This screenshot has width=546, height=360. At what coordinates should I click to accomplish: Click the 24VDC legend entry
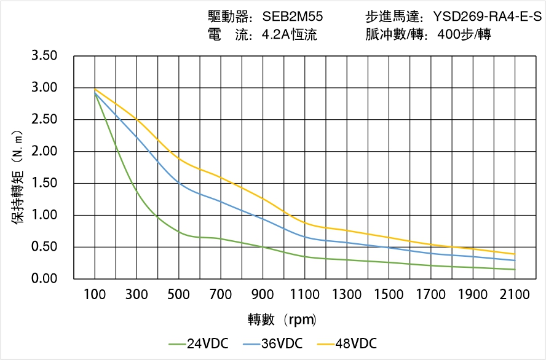[199, 343]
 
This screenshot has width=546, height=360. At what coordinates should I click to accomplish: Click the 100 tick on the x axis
[95, 295]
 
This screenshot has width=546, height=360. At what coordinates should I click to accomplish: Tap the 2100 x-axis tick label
[515, 295]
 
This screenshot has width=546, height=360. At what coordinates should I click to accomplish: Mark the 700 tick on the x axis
[221, 295]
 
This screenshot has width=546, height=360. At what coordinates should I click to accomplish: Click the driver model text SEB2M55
[293, 17]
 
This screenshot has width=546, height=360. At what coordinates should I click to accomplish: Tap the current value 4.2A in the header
[275, 35]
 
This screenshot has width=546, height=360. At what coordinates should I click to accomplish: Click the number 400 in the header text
[448, 35]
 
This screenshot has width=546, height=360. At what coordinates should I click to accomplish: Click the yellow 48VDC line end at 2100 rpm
[515, 254]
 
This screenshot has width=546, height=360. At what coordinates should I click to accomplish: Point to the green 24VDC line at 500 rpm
[179, 231]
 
